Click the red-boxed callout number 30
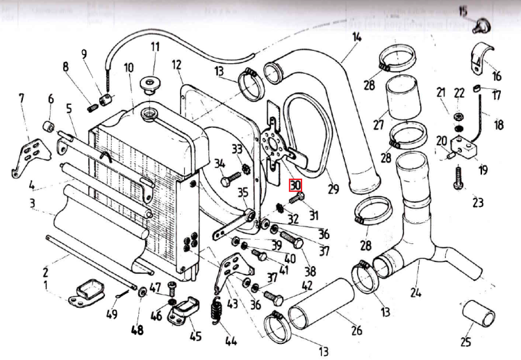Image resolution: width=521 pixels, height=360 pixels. (x=295, y=186)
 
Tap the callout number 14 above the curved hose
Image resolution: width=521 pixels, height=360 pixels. (x=356, y=38)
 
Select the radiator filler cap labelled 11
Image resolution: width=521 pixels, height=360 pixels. (x=148, y=85)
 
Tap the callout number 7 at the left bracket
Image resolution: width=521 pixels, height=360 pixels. (x=21, y=98)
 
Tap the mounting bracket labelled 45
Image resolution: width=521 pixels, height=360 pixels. (x=184, y=311)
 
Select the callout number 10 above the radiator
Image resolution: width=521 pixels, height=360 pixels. (x=129, y=68)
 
